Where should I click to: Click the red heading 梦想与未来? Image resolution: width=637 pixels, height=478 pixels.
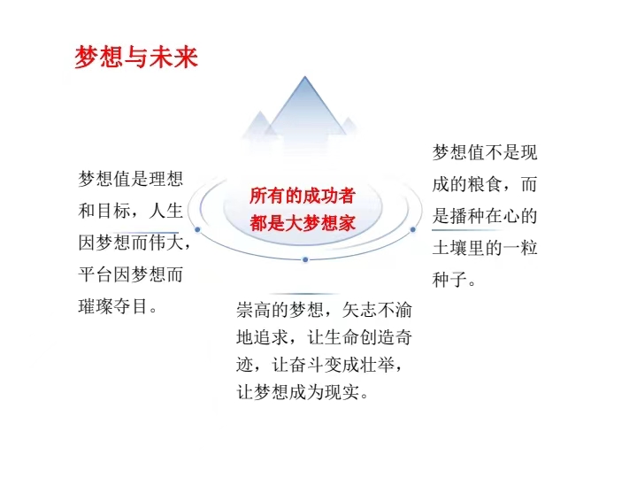pos(136,56)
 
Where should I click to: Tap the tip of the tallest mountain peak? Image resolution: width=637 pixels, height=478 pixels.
pos(304,76)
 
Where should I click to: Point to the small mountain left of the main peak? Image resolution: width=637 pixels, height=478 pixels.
pos(259,124)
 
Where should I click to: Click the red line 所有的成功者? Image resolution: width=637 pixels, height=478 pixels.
pos(303,196)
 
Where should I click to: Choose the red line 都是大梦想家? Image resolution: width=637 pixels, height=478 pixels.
pos(303,223)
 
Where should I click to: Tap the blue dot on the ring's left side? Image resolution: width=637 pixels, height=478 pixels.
pos(197,229)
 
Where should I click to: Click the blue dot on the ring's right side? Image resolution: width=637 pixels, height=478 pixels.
pos(413,229)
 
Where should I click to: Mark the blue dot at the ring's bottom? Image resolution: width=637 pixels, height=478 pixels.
pos(305,259)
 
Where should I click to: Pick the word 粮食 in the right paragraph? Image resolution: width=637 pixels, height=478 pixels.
pos(485,184)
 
